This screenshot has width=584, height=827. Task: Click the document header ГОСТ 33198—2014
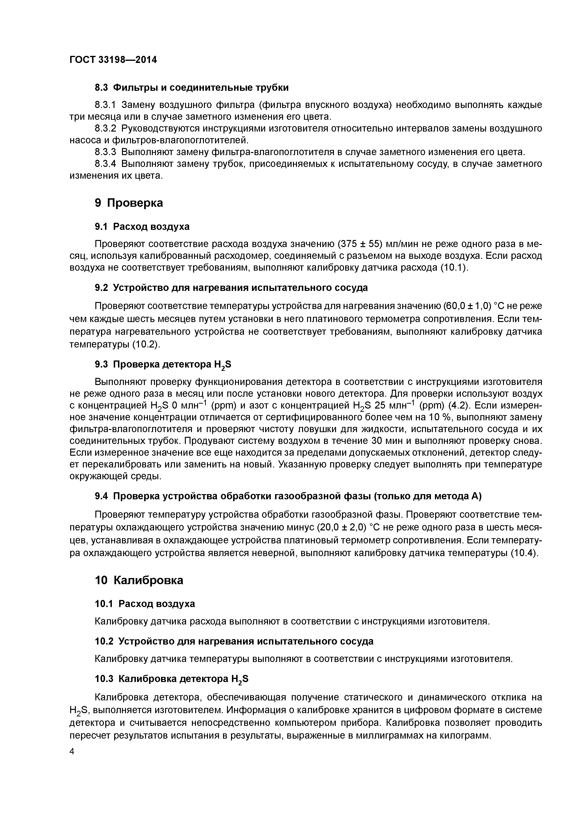click(113, 60)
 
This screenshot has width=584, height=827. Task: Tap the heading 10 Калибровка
click(139, 580)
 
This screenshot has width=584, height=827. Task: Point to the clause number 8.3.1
click(105, 105)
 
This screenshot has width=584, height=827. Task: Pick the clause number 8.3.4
click(105, 164)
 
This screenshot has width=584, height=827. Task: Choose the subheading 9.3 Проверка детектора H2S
click(163, 365)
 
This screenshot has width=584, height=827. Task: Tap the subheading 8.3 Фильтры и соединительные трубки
click(191, 87)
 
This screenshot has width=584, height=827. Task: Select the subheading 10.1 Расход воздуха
click(145, 604)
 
